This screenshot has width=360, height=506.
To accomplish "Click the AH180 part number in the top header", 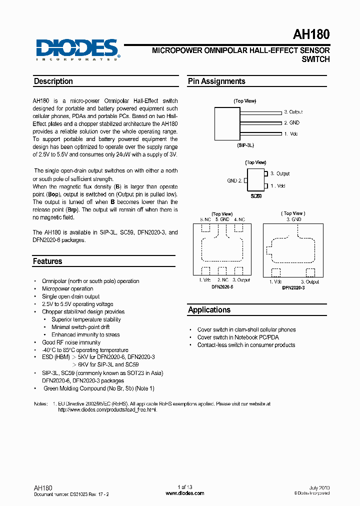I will coord(310,34).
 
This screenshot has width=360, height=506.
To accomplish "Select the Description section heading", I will coord(53,81).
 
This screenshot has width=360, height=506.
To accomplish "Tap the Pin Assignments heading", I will coord(216,81).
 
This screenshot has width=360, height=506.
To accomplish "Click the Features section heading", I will coord(47,261).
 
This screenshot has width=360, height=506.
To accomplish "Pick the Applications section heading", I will coord(209,310).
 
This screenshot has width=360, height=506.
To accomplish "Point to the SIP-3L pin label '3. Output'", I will coord(293,112).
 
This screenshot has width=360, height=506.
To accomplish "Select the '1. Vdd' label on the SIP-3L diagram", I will coord(291,133).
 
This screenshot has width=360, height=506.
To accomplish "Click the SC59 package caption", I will coord(256,196).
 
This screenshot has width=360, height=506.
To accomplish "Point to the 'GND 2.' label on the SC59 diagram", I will coord(234,180).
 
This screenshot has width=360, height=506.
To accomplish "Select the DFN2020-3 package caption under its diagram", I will coord(293,288).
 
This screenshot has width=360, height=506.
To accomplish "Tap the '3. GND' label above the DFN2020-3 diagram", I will coord(293,219).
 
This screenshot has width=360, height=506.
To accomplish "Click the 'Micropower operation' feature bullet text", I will coord(67,289).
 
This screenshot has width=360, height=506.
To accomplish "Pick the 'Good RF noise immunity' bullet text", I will coord(71,342).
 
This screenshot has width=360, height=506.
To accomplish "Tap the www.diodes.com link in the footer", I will coord(184,493).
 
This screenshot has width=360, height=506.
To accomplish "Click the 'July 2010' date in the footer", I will coord(319,487).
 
